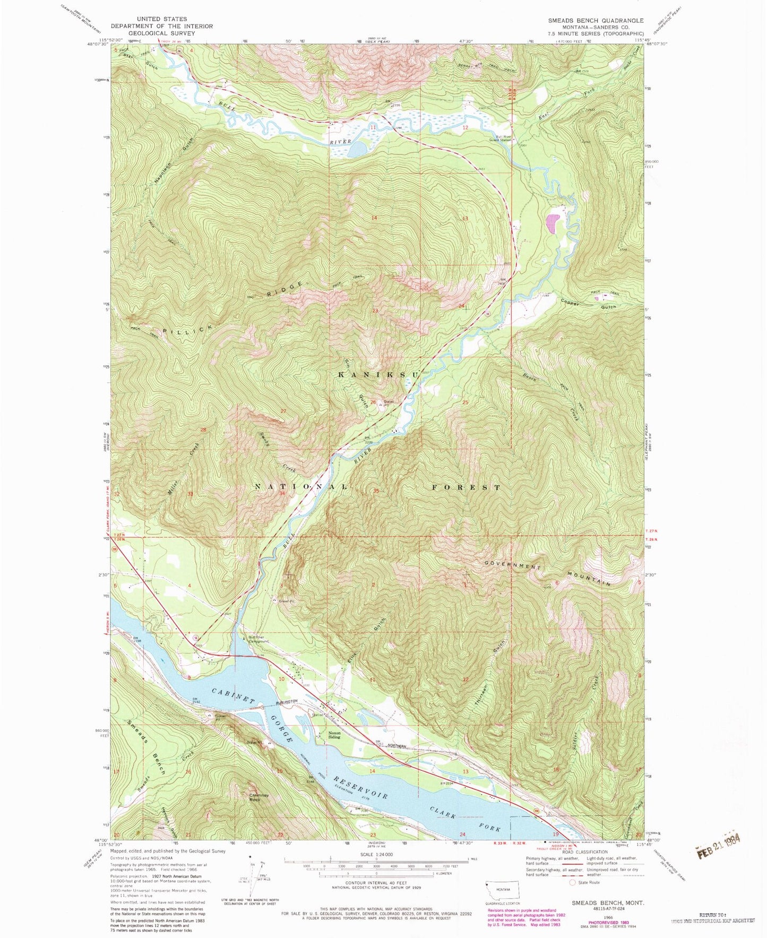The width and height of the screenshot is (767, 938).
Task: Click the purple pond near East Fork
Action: pos(553,223)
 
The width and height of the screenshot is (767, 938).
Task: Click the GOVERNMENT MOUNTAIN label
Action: pos(547,574)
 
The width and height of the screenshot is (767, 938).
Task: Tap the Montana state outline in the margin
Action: pos(502,888)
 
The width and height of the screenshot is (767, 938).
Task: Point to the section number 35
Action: pos(376,491)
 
